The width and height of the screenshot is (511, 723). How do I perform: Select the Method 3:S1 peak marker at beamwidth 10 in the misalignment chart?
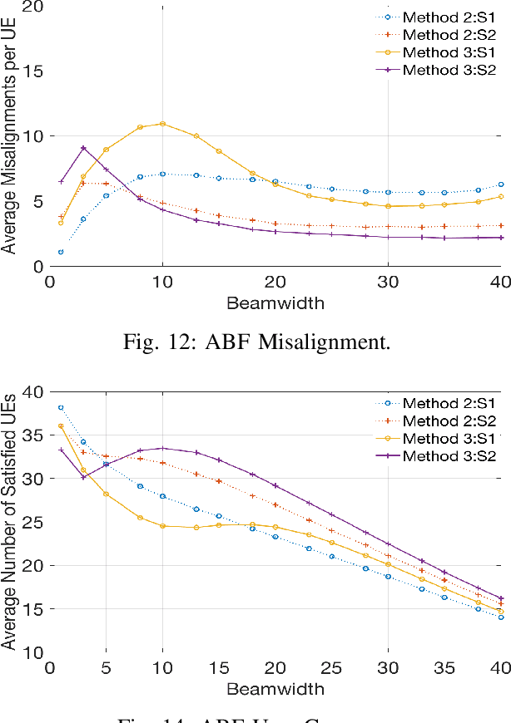click(x=162, y=124)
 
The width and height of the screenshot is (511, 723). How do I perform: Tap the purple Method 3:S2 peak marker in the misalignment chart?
click(x=83, y=148)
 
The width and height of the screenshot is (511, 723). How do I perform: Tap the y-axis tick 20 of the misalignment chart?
click(x=31, y=7)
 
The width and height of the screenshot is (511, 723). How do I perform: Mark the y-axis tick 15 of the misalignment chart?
click(x=31, y=71)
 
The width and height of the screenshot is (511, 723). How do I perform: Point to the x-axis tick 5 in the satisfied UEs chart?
click(x=106, y=668)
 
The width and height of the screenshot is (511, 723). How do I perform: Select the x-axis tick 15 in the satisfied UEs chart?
click(x=218, y=668)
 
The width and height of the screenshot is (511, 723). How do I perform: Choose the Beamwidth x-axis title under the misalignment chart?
click(x=275, y=302)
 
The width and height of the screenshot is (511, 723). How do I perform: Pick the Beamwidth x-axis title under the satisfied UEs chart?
click(x=275, y=688)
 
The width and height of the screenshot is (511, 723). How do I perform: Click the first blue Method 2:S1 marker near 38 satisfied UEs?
click(x=61, y=408)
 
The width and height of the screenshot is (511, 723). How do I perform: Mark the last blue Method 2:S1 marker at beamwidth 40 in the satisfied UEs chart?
click(x=500, y=617)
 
